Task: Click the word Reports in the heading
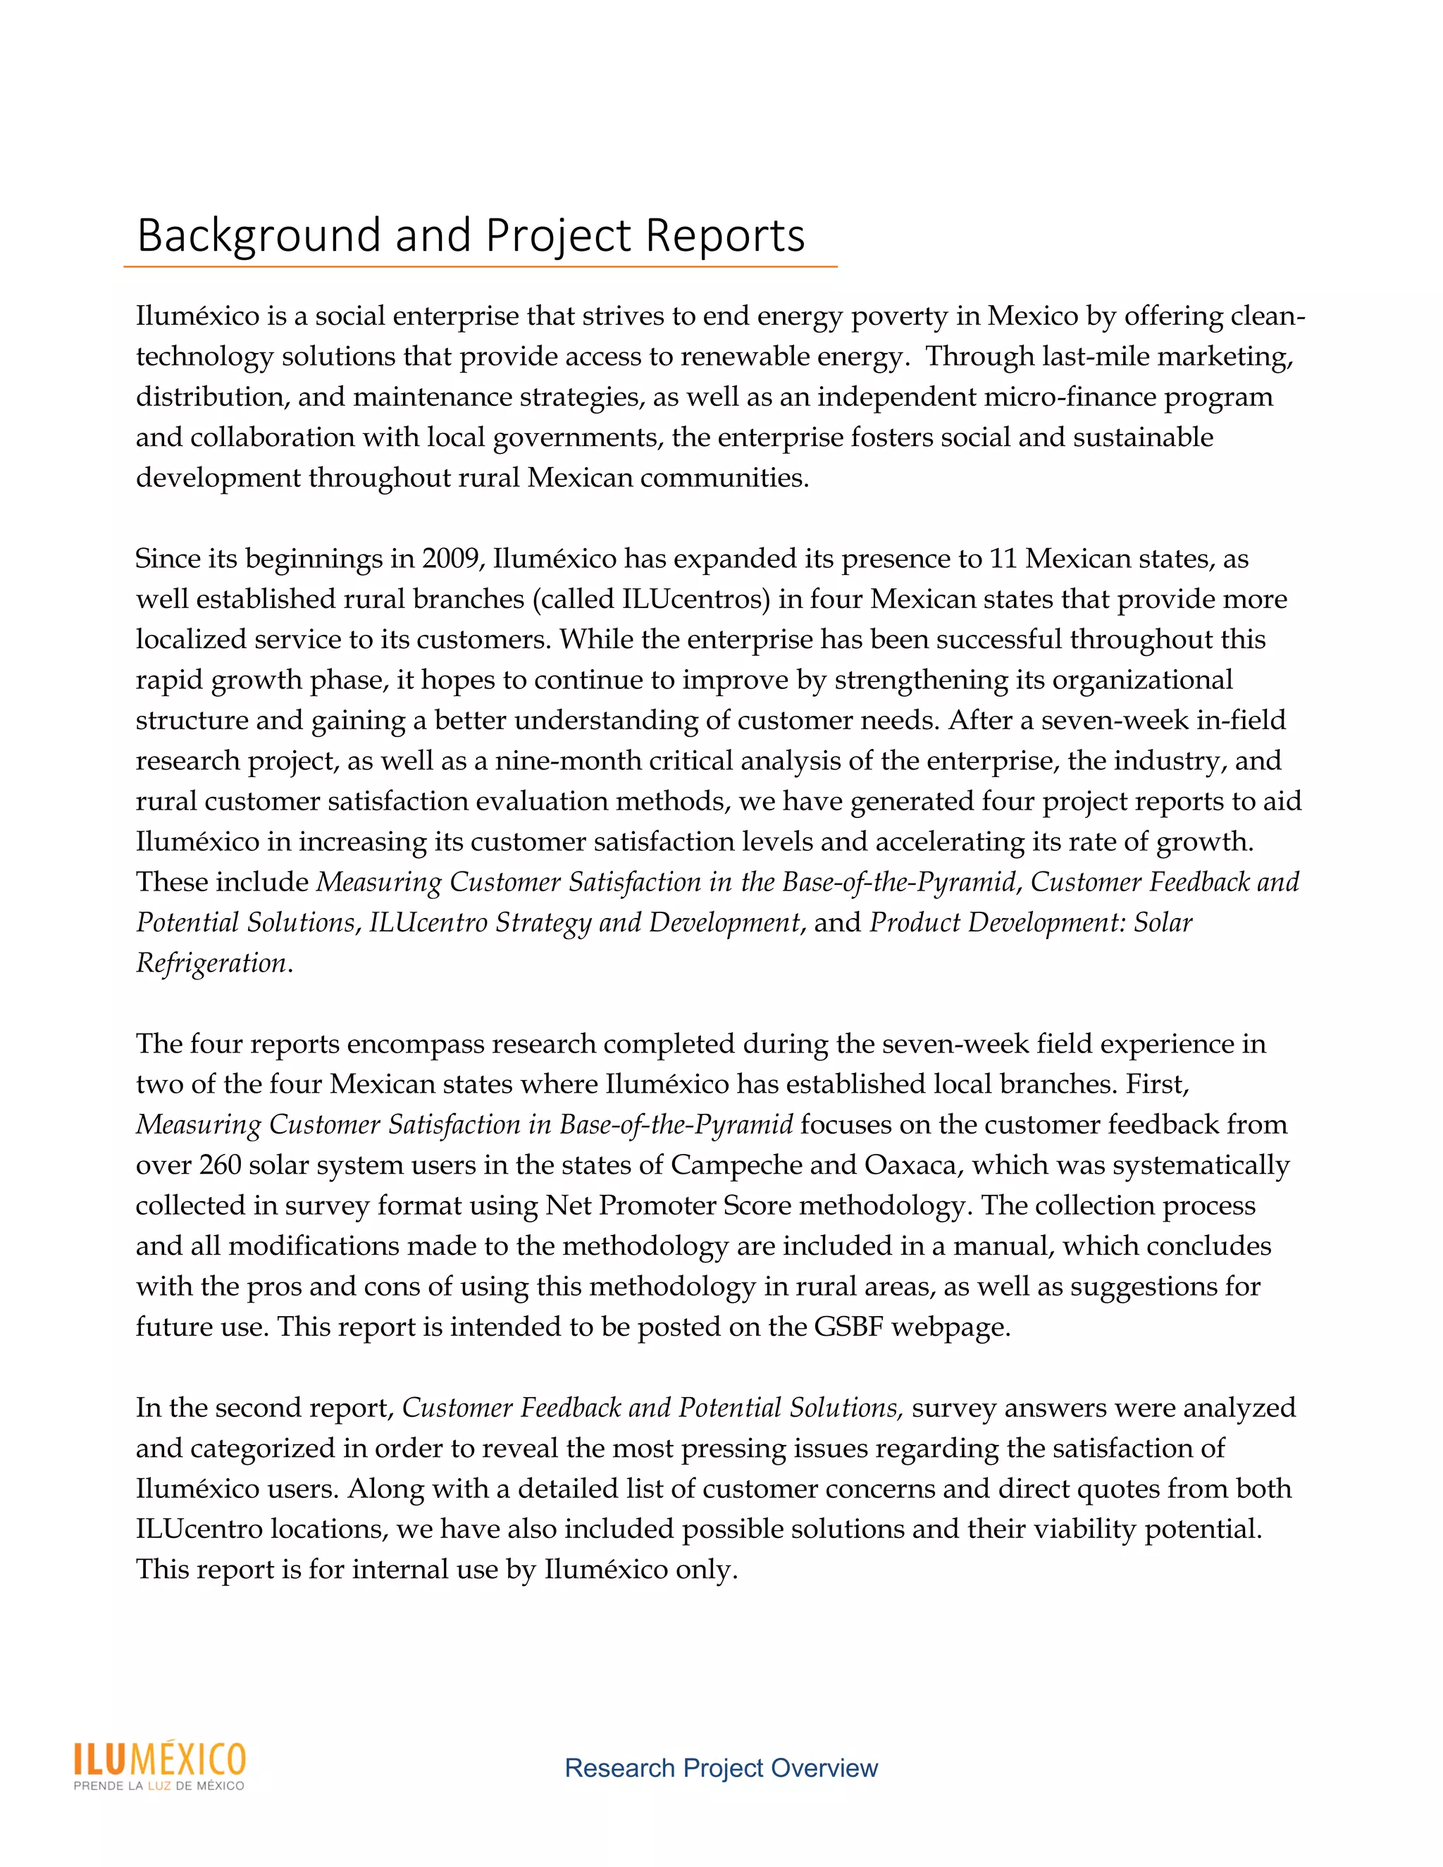725,235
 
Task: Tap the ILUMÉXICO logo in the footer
160,1759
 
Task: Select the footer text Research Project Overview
721,1768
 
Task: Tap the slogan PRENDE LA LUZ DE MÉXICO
159,1786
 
